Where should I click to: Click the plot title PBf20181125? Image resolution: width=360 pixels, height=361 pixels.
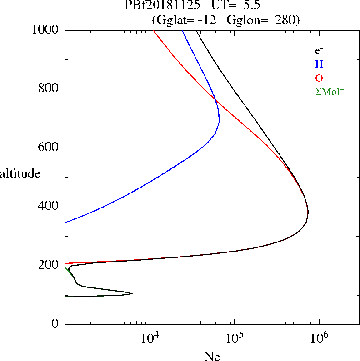(x=162, y=6)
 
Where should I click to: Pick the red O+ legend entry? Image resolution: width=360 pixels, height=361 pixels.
(x=321, y=78)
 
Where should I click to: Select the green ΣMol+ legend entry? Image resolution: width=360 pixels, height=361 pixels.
(x=330, y=91)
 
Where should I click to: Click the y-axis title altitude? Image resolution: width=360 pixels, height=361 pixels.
(x=20, y=173)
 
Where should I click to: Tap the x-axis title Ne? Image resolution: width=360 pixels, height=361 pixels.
(x=212, y=356)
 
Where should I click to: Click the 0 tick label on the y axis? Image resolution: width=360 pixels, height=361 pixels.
(x=55, y=324)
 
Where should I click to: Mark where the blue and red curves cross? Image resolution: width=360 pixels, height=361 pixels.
(x=215, y=100)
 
